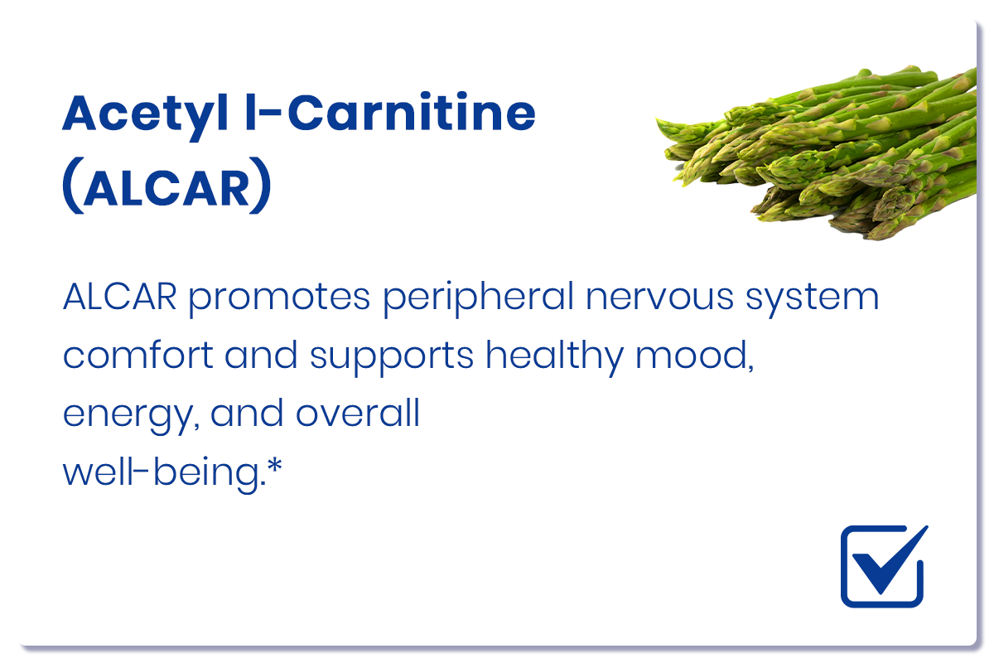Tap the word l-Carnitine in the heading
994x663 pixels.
pos(390,112)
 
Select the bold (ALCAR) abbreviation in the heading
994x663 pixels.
pos(166,186)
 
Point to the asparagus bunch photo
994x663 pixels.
pos(821,153)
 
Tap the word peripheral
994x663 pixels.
pos(479,298)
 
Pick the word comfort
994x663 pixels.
pos(138,355)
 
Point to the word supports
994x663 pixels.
pos(392,358)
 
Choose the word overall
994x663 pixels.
pos(358,413)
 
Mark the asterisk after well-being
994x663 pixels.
pos(275,467)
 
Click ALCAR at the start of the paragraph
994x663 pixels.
pos(120,297)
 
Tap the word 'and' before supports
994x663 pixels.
pos(261,355)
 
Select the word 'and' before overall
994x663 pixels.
pos(247,413)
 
